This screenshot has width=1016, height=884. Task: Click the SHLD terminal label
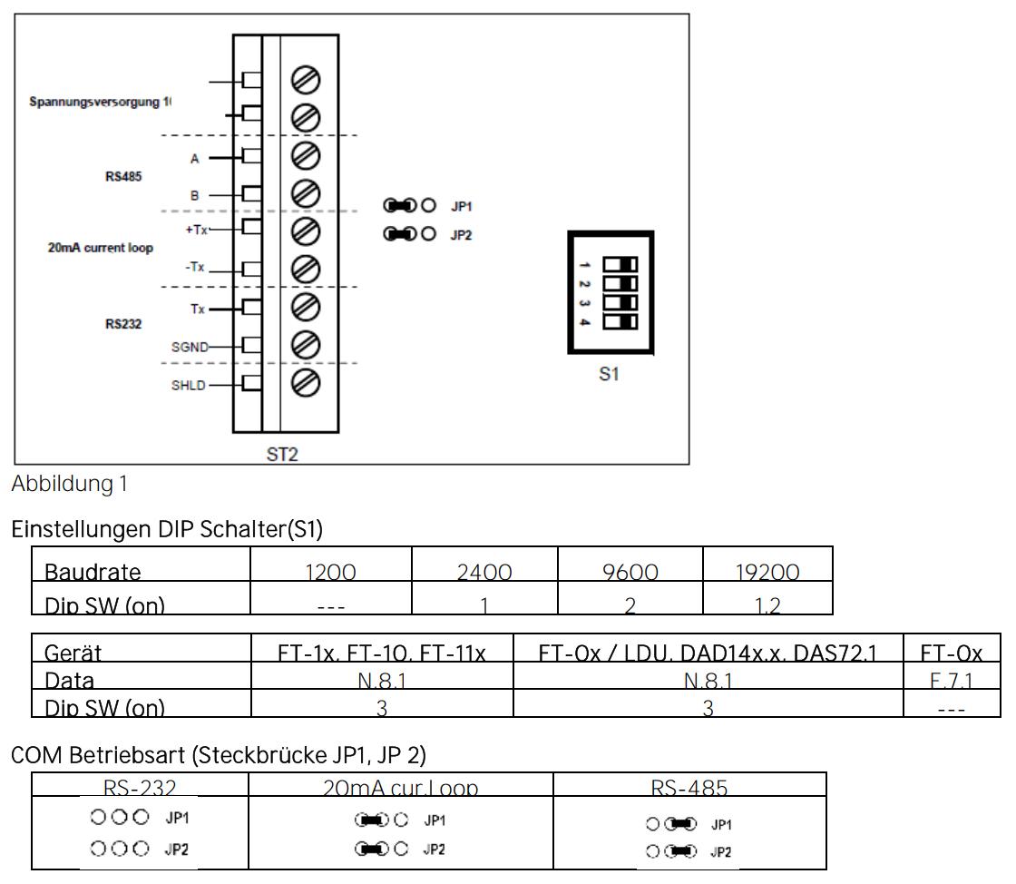click(188, 385)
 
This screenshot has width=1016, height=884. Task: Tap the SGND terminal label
click(190, 345)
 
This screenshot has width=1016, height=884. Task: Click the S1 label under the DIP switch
click(610, 373)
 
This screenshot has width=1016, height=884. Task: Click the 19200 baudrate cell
click(768, 573)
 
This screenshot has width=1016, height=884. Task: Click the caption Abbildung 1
click(68, 485)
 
